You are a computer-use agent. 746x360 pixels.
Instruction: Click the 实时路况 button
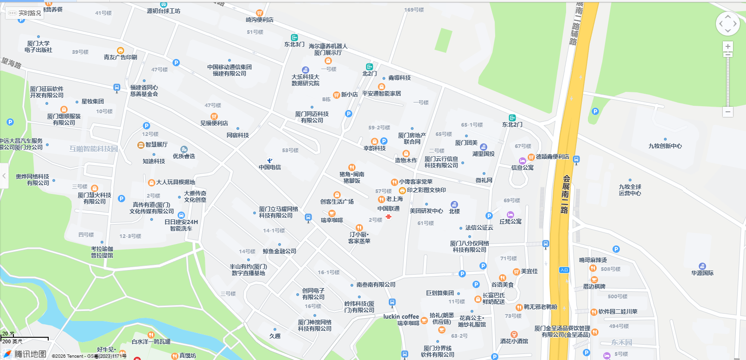25,13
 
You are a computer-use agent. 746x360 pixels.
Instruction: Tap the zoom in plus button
728,46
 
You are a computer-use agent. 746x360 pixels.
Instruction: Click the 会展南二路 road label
565,194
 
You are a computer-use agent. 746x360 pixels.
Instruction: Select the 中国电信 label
270,167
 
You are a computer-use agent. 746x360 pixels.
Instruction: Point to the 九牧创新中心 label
665,146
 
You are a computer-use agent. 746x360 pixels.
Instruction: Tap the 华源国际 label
702,273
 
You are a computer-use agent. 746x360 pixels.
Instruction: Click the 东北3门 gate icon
294,38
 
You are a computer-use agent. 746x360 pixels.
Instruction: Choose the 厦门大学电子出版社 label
38,47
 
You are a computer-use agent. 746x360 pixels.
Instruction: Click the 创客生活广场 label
337,201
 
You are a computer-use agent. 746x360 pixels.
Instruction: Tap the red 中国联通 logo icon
389,216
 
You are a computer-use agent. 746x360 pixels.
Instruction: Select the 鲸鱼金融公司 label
280,251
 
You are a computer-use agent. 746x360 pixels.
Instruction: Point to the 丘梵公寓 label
510,221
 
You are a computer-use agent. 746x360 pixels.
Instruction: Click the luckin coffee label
401,316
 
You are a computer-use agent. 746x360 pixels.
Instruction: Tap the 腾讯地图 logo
25,354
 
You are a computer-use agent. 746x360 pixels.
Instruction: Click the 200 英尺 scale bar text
12,341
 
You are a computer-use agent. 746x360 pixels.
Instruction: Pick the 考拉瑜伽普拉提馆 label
102,252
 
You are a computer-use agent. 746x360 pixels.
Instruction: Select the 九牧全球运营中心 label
630,190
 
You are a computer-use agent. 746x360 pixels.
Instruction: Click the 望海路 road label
12,64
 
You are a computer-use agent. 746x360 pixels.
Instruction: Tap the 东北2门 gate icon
512,118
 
